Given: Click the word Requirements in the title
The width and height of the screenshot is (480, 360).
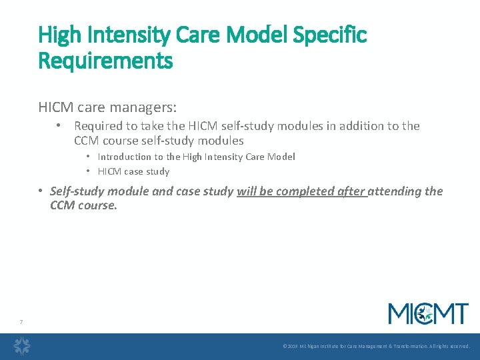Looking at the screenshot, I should coord(105,61).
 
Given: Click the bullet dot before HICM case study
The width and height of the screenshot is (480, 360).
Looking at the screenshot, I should coord(88,171).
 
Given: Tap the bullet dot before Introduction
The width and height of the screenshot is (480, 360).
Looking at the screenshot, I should coord(88,157).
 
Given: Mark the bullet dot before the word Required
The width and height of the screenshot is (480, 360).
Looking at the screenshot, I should coord(59,126).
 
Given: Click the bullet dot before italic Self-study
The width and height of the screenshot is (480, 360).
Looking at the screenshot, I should coord(41,191).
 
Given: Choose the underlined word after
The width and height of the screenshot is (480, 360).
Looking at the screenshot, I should coord(351,191).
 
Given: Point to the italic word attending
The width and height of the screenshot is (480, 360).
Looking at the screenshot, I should coord(396,191).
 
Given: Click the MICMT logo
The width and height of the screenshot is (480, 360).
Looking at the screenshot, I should coord(428,313).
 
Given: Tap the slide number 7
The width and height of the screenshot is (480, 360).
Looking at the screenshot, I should coord(21,323).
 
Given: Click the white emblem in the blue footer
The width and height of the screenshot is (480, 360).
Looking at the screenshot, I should coord(23,346).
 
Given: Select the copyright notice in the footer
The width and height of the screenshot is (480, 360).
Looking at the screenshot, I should coord(376,347).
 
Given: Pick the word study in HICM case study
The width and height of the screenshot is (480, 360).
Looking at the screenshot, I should coord(159,171).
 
